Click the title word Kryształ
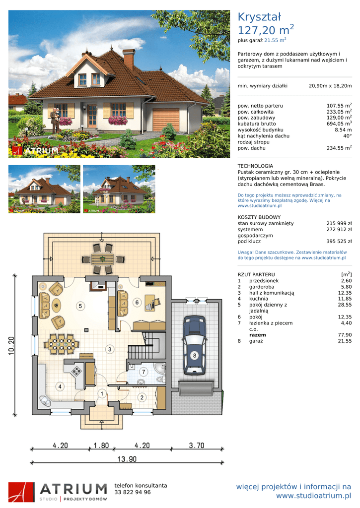pyautogui.click(x=259, y=17)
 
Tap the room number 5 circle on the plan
pyautogui.click(x=80, y=306)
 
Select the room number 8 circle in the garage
pyautogui.click(x=195, y=355)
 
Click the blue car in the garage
pyautogui.click(x=194, y=345)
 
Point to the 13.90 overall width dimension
pyautogui.click(x=127, y=459)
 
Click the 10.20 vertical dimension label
pyautogui.click(x=11, y=346)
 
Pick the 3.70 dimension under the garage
pyautogui.click(x=197, y=445)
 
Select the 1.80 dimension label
pyautogui.click(x=101, y=445)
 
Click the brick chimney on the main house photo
pyautogui.click(x=129, y=60)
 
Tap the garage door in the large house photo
pyautogui.click(x=166, y=120)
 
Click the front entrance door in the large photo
pyautogui.click(x=92, y=115)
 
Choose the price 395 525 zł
pyautogui.click(x=339, y=242)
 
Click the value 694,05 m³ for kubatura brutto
pyautogui.click(x=339, y=124)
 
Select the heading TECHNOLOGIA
pyautogui.click(x=255, y=166)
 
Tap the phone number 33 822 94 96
pyautogui.click(x=132, y=492)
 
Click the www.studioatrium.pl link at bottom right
pyautogui.click(x=314, y=496)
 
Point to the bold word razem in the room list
pyautogui.click(x=258, y=335)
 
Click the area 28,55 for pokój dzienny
pyautogui.click(x=345, y=305)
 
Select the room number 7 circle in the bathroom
pyautogui.click(x=144, y=372)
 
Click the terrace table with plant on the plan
pyautogui.click(x=102, y=259)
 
